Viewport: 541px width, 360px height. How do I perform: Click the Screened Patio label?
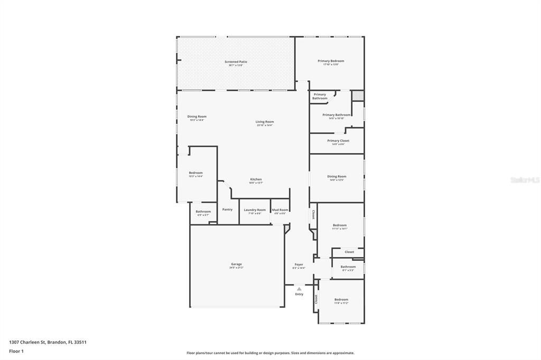point(236,62)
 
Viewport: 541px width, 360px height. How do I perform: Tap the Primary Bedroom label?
point(331,61)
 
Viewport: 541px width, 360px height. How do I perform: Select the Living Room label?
point(265,121)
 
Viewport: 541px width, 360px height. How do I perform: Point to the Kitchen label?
point(256,179)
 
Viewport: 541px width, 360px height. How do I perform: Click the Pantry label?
point(227,210)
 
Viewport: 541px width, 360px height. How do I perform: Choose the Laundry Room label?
point(255,210)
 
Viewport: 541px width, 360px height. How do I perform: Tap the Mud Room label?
point(280,210)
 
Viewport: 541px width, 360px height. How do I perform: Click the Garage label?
point(236,264)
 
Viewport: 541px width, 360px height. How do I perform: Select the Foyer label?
point(299,264)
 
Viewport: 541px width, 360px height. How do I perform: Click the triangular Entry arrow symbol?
point(299,289)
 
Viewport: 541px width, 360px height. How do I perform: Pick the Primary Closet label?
point(338,141)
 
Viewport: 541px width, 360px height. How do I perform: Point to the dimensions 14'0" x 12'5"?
point(337,180)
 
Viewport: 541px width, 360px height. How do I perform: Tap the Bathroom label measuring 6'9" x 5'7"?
point(203,212)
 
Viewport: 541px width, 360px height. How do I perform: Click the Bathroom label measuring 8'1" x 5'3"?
point(348,267)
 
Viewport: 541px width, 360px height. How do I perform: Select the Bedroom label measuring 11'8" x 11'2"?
point(341,300)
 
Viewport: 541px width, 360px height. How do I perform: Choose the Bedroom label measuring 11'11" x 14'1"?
point(340,225)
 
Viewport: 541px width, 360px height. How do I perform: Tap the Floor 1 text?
point(16,351)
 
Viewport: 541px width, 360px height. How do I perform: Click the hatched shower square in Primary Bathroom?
point(358,96)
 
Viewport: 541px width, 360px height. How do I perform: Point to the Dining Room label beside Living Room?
point(197,117)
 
